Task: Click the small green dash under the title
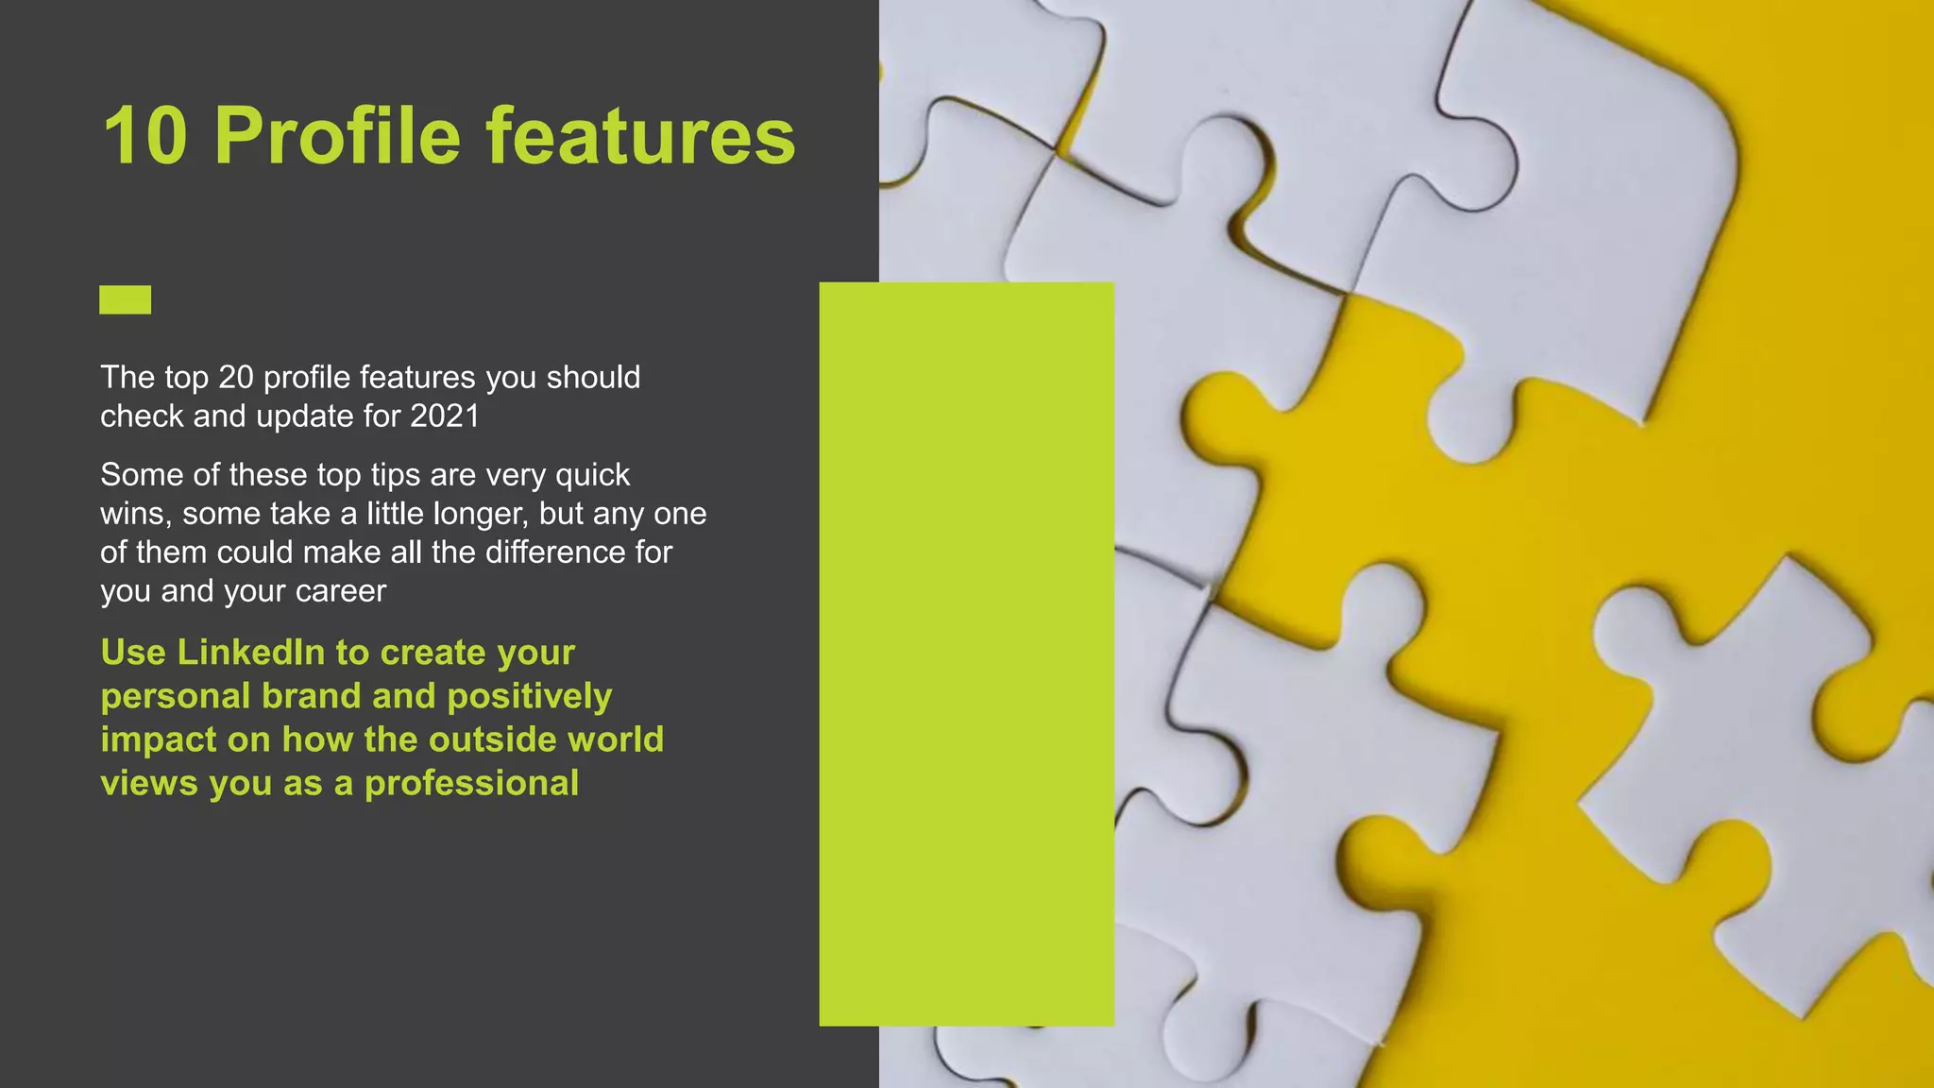125,299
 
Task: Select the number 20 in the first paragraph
236,378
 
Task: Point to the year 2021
445,416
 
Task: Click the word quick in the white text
592,475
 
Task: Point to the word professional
471,784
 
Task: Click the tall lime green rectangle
966,654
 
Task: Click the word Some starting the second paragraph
136,475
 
